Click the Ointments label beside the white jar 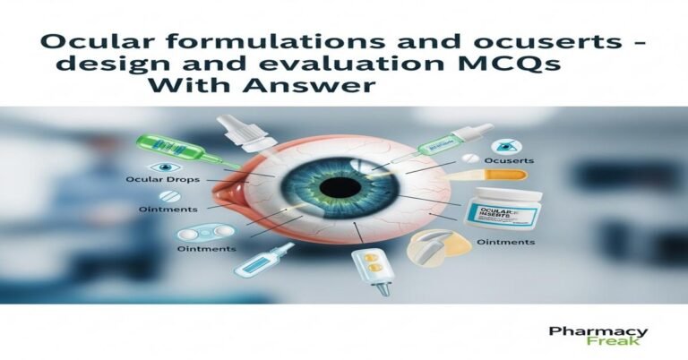pos(505,242)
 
